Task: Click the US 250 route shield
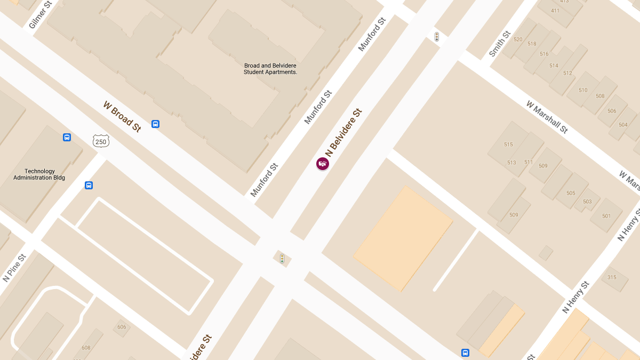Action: point(101,141)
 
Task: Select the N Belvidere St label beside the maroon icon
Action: point(343,132)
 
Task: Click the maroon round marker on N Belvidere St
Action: point(323,164)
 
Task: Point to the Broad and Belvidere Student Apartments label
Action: point(270,69)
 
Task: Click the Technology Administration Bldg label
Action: point(39,174)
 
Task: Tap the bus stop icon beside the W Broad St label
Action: point(155,124)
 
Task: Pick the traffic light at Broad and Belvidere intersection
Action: point(282,259)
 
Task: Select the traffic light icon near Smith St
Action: point(437,37)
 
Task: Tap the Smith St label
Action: point(500,44)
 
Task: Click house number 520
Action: point(518,39)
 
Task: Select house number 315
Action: point(612,277)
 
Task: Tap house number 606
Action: point(122,327)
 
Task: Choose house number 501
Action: point(606,216)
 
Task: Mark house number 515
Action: point(508,145)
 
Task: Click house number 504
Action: point(623,125)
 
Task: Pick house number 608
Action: point(86,348)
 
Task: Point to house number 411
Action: point(555,11)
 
